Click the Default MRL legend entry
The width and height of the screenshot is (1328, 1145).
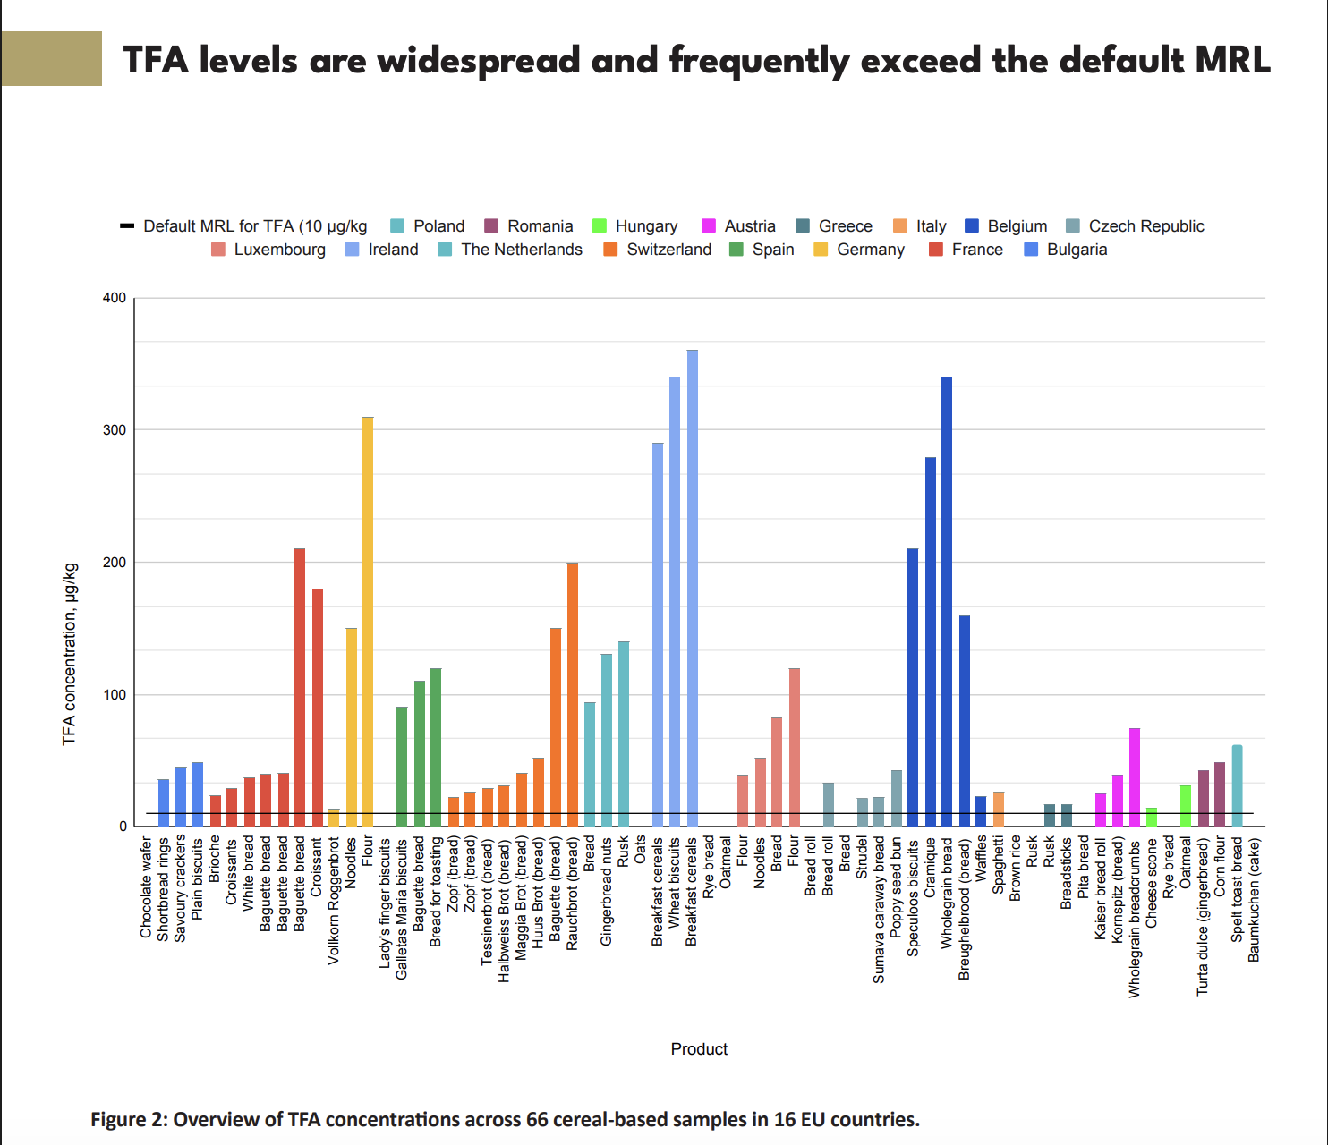point(243,226)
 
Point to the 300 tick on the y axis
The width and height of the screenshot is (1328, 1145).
point(115,430)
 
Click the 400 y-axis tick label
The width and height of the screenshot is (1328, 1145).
point(115,298)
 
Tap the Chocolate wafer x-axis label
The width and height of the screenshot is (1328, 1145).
point(147,887)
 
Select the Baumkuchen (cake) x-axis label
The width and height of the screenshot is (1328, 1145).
point(1255,900)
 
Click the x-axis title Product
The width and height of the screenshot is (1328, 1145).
point(699,1049)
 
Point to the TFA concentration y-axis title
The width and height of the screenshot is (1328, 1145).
point(70,654)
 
